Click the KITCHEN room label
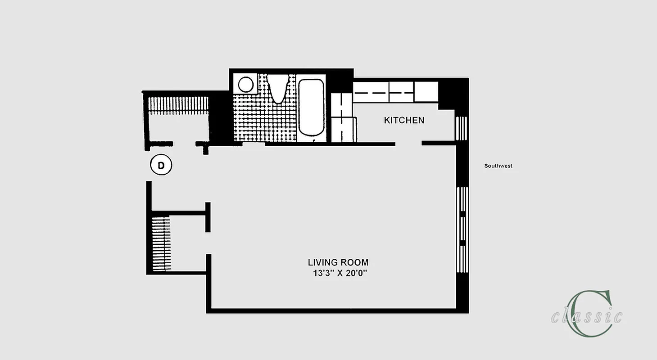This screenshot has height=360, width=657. pyautogui.click(x=404, y=120)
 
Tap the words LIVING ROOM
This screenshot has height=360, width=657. pyautogui.click(x=338, y=262)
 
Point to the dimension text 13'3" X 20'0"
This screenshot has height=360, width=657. pyautogui.click(x=338, y=273)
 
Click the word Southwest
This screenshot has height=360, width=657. pyautogui.click(x=498, y=166)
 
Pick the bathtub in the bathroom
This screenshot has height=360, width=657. pyautogui.click(x=311, y=107)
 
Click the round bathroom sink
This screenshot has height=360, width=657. pyautogui.click(x=246, y=84)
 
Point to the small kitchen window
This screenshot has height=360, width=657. pyautogui.click(x=462, y=129)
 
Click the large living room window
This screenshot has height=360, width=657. pyautogui.click(x=462, y=229)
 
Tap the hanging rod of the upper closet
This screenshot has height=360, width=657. pyautogui.click(x=179, y=104)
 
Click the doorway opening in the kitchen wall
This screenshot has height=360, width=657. pyautogui.click(x=408, y=144)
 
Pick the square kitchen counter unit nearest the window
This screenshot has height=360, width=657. pyautogui.click(x=426, y=92)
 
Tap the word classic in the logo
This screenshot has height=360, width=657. pyautogui.click(x=586, y=316)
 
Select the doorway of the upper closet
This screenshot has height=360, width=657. pyautogui.click(x=184, y=144)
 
